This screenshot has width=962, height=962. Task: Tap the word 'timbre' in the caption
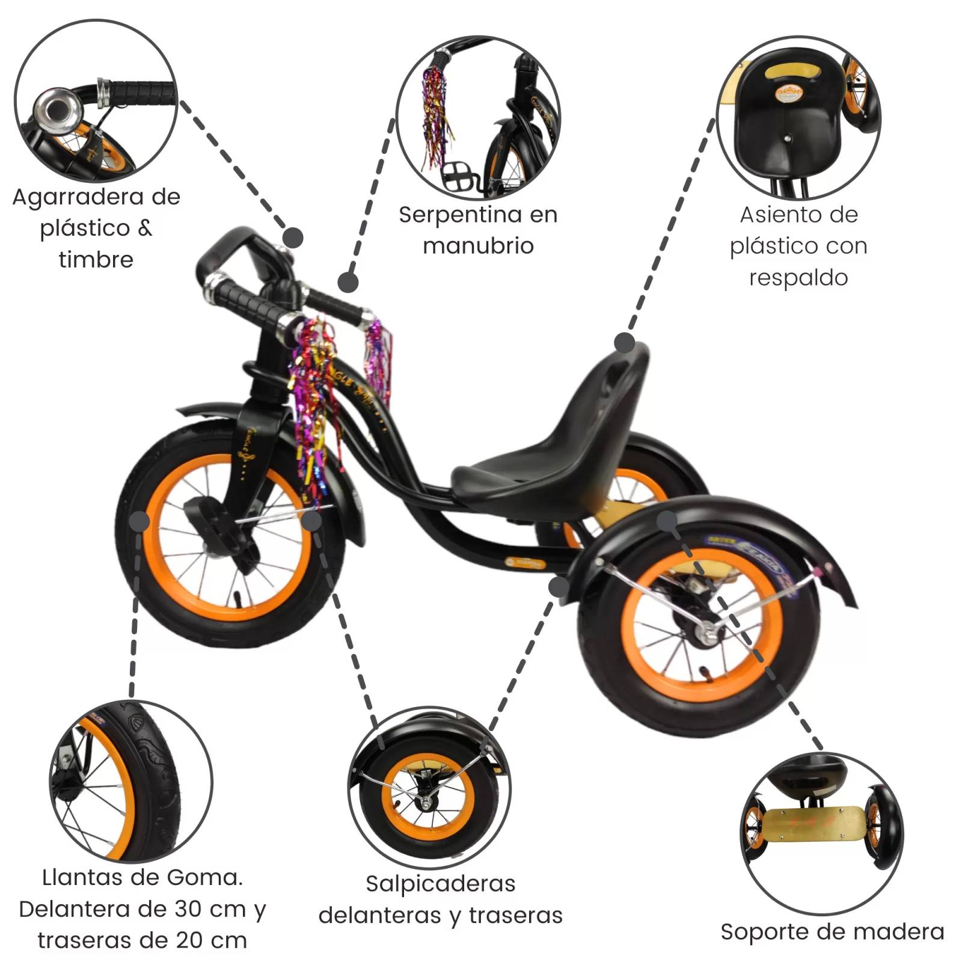tap(96, 260)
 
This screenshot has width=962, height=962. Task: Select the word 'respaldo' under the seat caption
tap(798, 278)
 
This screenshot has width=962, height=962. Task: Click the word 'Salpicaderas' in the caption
tap(440, 884)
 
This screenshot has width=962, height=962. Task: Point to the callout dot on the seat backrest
tap(625, 343)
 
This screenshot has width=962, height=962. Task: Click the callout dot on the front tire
tap(139, 521)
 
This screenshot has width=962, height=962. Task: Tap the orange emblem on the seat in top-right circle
tap(789, 93)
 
